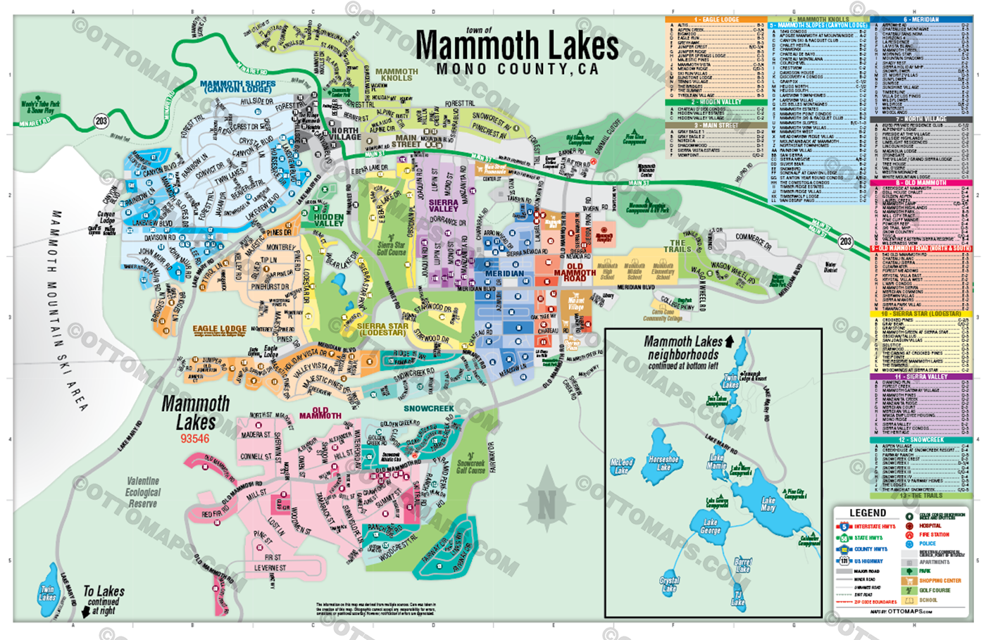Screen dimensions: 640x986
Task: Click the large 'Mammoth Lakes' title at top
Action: click(x=517, y=46)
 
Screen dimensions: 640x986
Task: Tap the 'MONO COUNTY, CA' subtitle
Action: click(x=517, y=70)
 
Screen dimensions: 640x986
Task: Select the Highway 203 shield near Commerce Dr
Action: click(x=845, y=241)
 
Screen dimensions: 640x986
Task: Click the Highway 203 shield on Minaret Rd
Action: click(x=101, y=121)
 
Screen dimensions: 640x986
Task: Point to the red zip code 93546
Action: click(x=194, y=439)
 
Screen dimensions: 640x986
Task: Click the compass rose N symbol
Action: click(x=547, y=503)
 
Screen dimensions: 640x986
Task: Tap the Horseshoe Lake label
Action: click(x=663, y=463)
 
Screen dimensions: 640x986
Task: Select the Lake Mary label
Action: click(x=768, y=504)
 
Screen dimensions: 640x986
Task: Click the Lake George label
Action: click(x=710, y=527)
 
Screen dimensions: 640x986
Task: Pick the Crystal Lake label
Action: click(x=669, y=584)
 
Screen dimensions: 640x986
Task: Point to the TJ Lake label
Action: click(x=737, y=598)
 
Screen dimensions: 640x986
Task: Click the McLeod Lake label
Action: click(x=621, y=466)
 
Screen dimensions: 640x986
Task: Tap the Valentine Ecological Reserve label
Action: click(x=143, y=492)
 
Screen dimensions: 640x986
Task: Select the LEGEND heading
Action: click(x=868, y=513)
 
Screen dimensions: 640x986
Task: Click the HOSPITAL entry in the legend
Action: click(x=929, y=526)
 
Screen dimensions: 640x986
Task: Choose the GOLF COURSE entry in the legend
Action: click(x=933, y=590)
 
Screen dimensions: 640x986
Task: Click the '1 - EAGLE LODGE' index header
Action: click(x=716, y=20)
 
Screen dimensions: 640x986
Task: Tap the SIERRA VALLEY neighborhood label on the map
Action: click(x=444, y=206)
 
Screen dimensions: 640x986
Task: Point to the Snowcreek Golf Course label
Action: click(x=470, y=466)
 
